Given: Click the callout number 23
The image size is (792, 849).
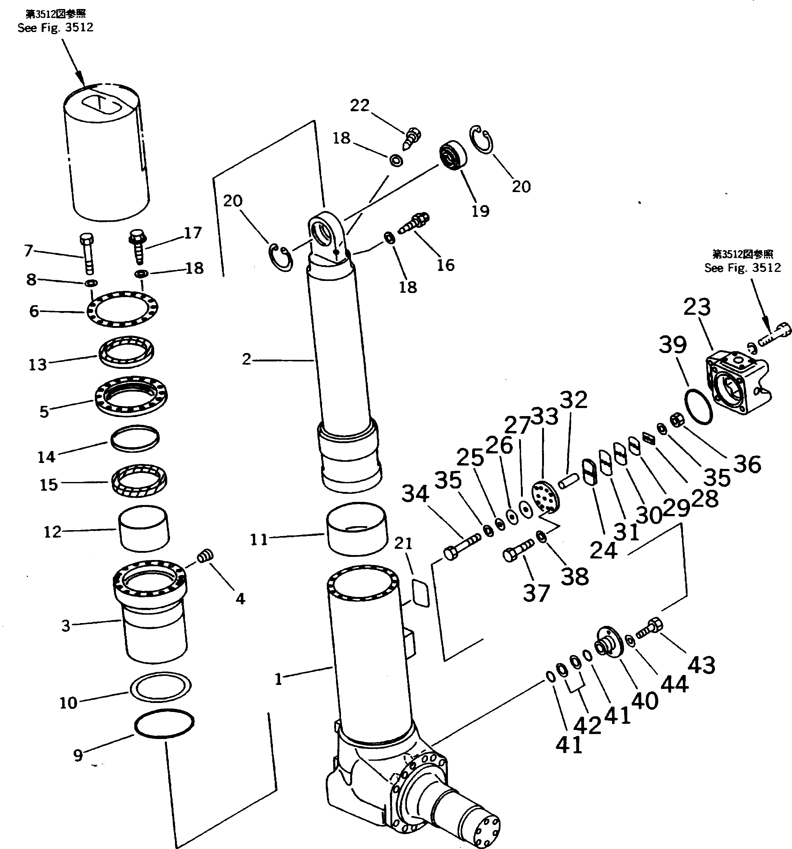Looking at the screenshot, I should (697, 307).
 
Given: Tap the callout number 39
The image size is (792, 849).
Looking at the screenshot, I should (672, 344).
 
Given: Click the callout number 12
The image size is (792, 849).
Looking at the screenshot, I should (53, 532).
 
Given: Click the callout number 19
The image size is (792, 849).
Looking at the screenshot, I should (480, 211).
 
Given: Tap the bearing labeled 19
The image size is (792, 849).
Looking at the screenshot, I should (452, 156).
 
